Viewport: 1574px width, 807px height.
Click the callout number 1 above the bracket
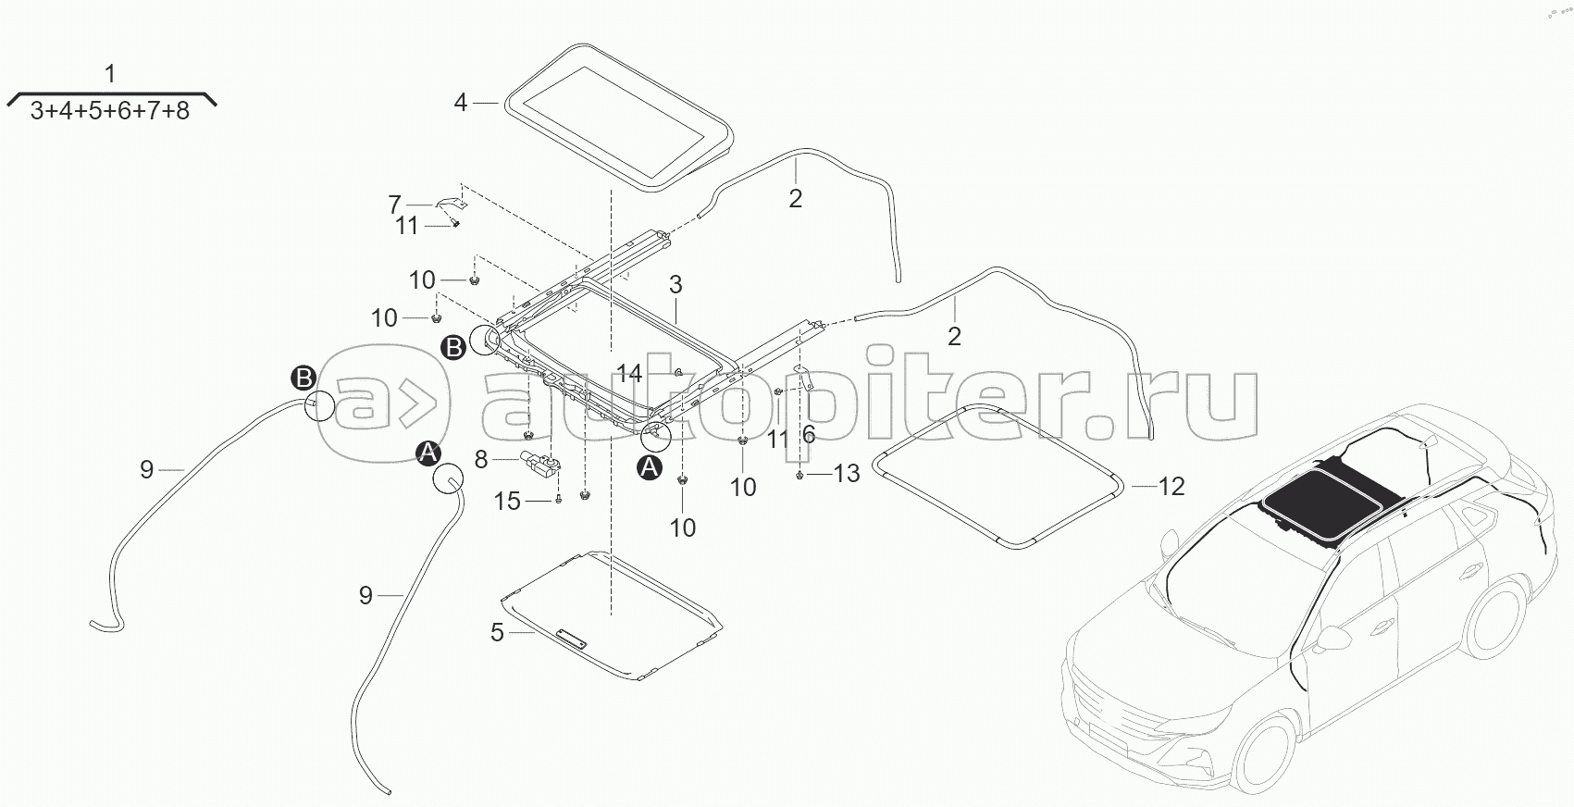109,74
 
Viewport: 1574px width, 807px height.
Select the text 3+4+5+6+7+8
109,111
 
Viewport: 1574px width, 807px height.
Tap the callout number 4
460,104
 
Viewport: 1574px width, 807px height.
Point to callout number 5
497,633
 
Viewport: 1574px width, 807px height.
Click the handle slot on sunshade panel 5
571,638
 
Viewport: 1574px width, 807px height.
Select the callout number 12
1171,487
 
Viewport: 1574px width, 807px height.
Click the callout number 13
846,474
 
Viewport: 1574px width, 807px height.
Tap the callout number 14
629,373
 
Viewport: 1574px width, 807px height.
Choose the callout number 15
507,502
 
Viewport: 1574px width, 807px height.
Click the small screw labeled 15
559,499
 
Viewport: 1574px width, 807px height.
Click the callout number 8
480,460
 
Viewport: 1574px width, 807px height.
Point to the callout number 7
394,205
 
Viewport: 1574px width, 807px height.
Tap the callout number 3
675,285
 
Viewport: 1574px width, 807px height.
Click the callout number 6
809,435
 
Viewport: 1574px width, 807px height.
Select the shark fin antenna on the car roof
1428,443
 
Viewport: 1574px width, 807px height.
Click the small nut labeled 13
800,476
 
